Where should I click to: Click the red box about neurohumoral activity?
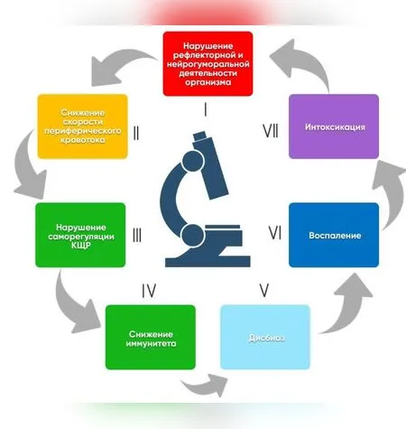click(208, 63)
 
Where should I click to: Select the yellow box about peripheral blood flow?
click(83, 126)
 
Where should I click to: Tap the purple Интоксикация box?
click(334, 126)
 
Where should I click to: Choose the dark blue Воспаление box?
click(334, 235)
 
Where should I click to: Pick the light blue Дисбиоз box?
click(265, 337)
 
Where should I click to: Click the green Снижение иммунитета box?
click(151, 337)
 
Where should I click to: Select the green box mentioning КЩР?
click(80, 235)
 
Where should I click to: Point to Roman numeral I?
click(206, 109)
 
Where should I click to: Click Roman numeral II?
click(136, 133)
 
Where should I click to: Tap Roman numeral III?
click(137, 235)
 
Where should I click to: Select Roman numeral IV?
click(149, 291)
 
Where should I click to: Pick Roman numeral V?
click(264, 291)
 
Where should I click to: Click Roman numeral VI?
click(275, 233)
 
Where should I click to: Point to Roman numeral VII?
click(271, 131)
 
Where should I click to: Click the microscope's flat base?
click(208, 261)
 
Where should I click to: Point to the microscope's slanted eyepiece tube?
click(210, 166)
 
